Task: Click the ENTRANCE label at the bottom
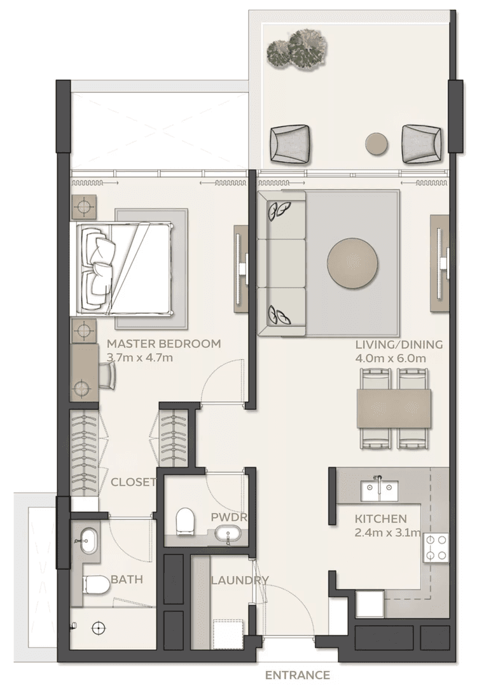click(x=297, y=675)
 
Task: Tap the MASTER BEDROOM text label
click(x=164, y=344)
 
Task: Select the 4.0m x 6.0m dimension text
click(x=391, y=358)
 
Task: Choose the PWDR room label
click(x=229, y=517)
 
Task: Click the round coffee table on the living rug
click(x=353, y=262)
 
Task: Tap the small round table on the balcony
click(x=378, y=143)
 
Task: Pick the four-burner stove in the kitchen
click(x=436, y=547)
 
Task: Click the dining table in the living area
click(x=394, y=409)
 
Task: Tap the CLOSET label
click(x=133, y=482)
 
